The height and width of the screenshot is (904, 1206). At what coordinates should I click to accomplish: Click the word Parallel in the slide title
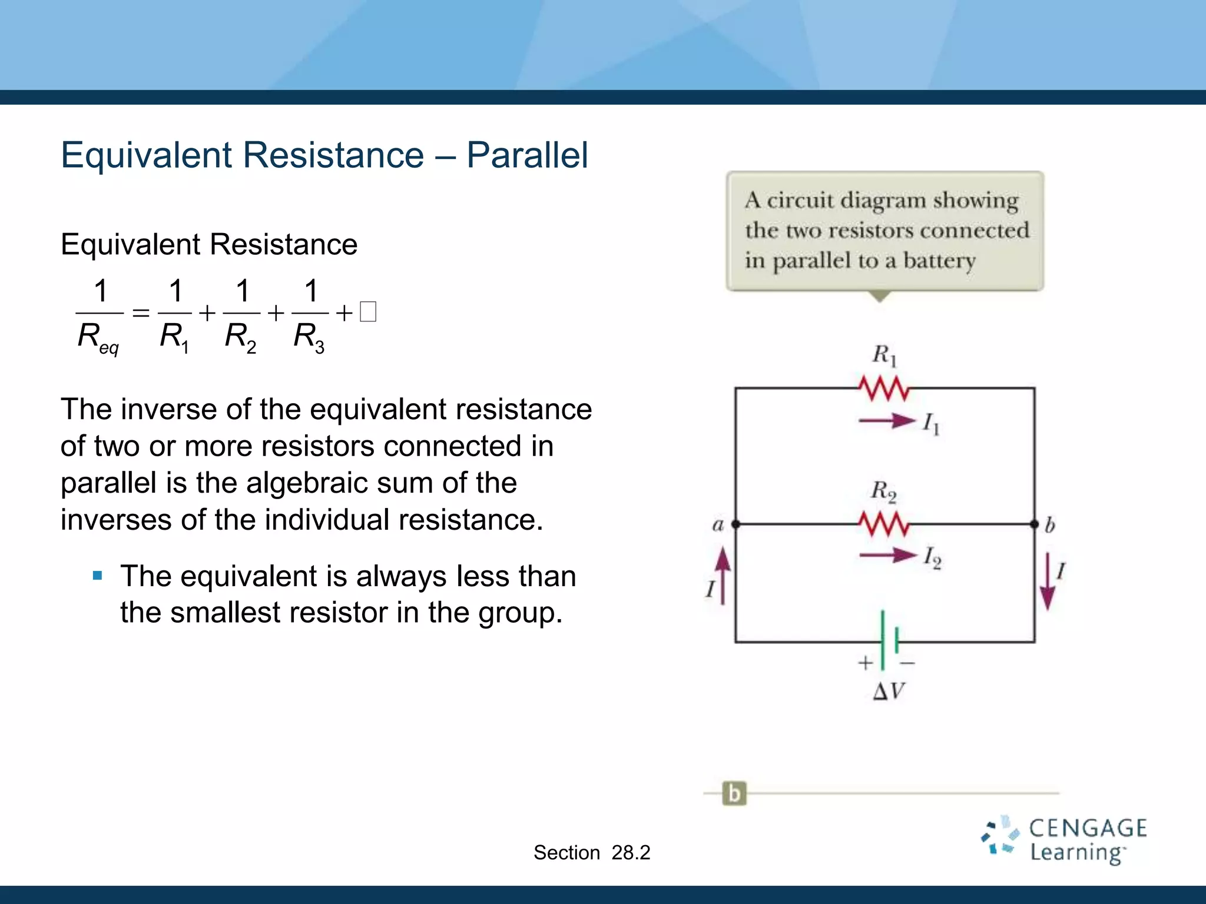527,155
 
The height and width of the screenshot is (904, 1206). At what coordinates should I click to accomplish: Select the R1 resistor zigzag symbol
883,388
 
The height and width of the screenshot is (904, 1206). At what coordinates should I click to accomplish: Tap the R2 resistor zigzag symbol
883,523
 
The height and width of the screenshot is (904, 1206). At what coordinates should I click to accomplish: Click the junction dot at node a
735,523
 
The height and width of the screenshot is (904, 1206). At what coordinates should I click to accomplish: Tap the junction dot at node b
1035,523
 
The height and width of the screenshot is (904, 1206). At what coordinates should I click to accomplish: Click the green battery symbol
889,640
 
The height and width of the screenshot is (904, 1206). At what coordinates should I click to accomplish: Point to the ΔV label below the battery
889,691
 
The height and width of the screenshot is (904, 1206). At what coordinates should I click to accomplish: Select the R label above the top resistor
884,355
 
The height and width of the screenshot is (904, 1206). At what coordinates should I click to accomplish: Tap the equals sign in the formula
141,313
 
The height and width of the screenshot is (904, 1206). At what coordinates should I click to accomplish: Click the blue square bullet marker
98,575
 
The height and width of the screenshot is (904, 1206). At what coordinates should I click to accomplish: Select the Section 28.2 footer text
592,852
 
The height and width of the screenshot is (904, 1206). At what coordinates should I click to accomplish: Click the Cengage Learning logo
1065,840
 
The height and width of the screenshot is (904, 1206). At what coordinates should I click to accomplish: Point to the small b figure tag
734,793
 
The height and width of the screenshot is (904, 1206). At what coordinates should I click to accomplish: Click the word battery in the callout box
939,261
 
